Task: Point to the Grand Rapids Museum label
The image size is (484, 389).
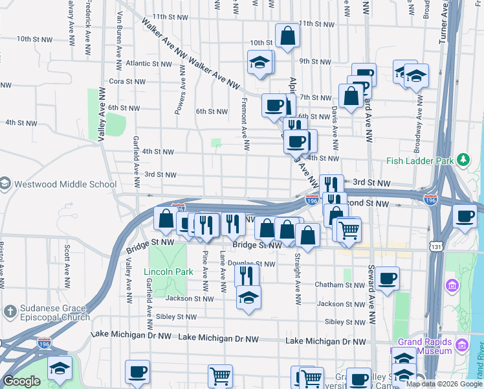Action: point(425,346)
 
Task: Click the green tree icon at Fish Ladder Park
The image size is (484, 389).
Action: point(463,160)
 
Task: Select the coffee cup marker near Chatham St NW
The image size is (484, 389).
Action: point(388,279)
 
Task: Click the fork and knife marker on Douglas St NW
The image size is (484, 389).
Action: point(247,276)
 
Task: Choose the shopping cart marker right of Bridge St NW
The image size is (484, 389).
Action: point(349,230)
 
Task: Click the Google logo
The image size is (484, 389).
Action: point(21,381)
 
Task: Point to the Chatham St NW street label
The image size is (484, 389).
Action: point(346,285)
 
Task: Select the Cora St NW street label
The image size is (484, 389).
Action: point(126,82)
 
